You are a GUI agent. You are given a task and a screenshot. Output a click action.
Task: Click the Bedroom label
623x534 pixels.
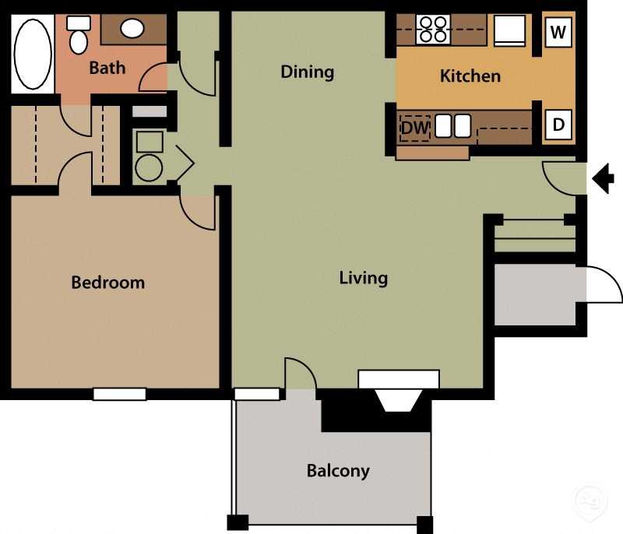pos(107,282)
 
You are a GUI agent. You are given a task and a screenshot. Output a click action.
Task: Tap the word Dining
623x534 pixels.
pos(307,72)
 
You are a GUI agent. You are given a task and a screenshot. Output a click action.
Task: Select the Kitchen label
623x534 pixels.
pos(470,76)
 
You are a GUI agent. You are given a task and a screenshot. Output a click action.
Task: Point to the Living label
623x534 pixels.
pos(363,278)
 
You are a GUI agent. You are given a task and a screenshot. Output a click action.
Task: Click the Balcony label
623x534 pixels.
pos(337,470)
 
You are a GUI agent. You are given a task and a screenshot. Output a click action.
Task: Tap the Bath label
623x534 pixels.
pos(107,68)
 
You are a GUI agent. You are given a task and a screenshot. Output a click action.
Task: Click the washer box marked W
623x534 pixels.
pos(558,32)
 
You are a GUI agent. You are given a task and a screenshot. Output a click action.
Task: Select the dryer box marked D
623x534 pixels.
pos(558,124)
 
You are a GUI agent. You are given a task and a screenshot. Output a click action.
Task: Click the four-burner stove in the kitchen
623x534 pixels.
pos(432,30)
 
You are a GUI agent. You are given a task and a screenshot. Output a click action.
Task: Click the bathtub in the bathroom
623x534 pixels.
pos(32,54)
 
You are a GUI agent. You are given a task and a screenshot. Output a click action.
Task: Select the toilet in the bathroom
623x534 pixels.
pos(79,38)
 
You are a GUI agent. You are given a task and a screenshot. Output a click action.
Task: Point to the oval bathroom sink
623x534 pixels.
pos(132,29)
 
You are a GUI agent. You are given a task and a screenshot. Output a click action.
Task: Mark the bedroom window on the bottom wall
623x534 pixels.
pos(119,394)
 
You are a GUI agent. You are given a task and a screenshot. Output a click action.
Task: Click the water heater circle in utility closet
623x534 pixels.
pos(149,167)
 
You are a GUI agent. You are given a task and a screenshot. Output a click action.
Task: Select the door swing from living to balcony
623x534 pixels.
pos(300,374)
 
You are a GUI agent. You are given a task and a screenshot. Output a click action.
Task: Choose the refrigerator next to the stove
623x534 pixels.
pos(510,30)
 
